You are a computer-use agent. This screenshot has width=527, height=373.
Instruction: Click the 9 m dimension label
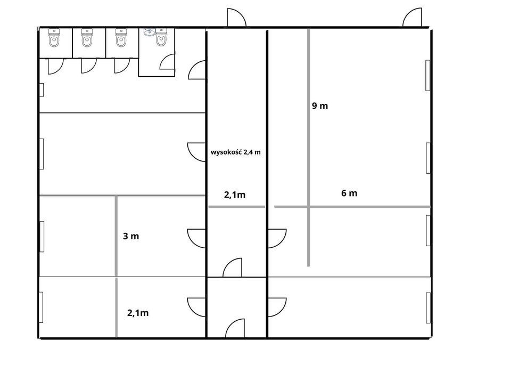[x=319, y=106]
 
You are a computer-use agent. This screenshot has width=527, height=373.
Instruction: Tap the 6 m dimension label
[x=349, y=193]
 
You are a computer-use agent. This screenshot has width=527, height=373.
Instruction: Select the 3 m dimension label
[x=130, y=236]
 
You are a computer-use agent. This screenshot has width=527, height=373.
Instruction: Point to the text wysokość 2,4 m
[x=236, y=152]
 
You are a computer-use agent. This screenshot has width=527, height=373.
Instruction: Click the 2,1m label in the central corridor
[x=235, y=195]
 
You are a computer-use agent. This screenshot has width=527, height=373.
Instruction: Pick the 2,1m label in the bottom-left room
[x=138, y=313]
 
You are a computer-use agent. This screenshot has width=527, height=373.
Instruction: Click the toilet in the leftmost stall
[x=54, y=38]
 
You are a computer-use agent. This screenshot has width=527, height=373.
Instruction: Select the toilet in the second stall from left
[x=87, y=38]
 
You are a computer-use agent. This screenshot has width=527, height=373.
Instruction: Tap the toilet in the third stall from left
[x=121, y=38]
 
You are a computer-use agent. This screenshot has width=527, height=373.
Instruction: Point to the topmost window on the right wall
[x=427, y=75]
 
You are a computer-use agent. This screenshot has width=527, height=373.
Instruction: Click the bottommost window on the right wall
[x=427, y=308]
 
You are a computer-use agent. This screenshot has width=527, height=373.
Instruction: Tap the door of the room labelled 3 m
[x=196, y=238]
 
